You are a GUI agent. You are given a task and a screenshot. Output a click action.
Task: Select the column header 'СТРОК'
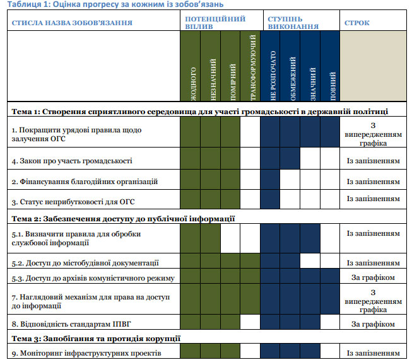(357, 23)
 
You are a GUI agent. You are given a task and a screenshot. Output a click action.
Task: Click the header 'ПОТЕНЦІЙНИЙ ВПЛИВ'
(215, 23)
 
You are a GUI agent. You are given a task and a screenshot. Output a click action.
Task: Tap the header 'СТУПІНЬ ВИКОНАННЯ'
(292, 23)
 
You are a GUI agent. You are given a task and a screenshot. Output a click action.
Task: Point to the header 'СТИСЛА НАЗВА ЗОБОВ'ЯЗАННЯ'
(72, 23)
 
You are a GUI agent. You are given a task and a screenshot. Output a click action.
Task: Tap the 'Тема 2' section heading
(124, 219)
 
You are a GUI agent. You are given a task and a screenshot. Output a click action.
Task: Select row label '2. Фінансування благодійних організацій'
(85, 182)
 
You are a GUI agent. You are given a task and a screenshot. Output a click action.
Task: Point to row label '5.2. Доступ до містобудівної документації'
(85, 262)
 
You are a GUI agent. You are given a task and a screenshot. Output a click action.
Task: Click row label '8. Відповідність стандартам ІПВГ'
(72, 324)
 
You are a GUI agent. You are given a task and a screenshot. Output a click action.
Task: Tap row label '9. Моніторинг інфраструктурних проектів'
(83, 352)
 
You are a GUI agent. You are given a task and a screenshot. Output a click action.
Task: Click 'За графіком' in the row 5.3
(373, 277)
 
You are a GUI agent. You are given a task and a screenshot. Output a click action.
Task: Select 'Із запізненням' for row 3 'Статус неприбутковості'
(373, 199)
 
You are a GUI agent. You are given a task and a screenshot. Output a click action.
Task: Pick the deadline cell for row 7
(373, 301)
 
